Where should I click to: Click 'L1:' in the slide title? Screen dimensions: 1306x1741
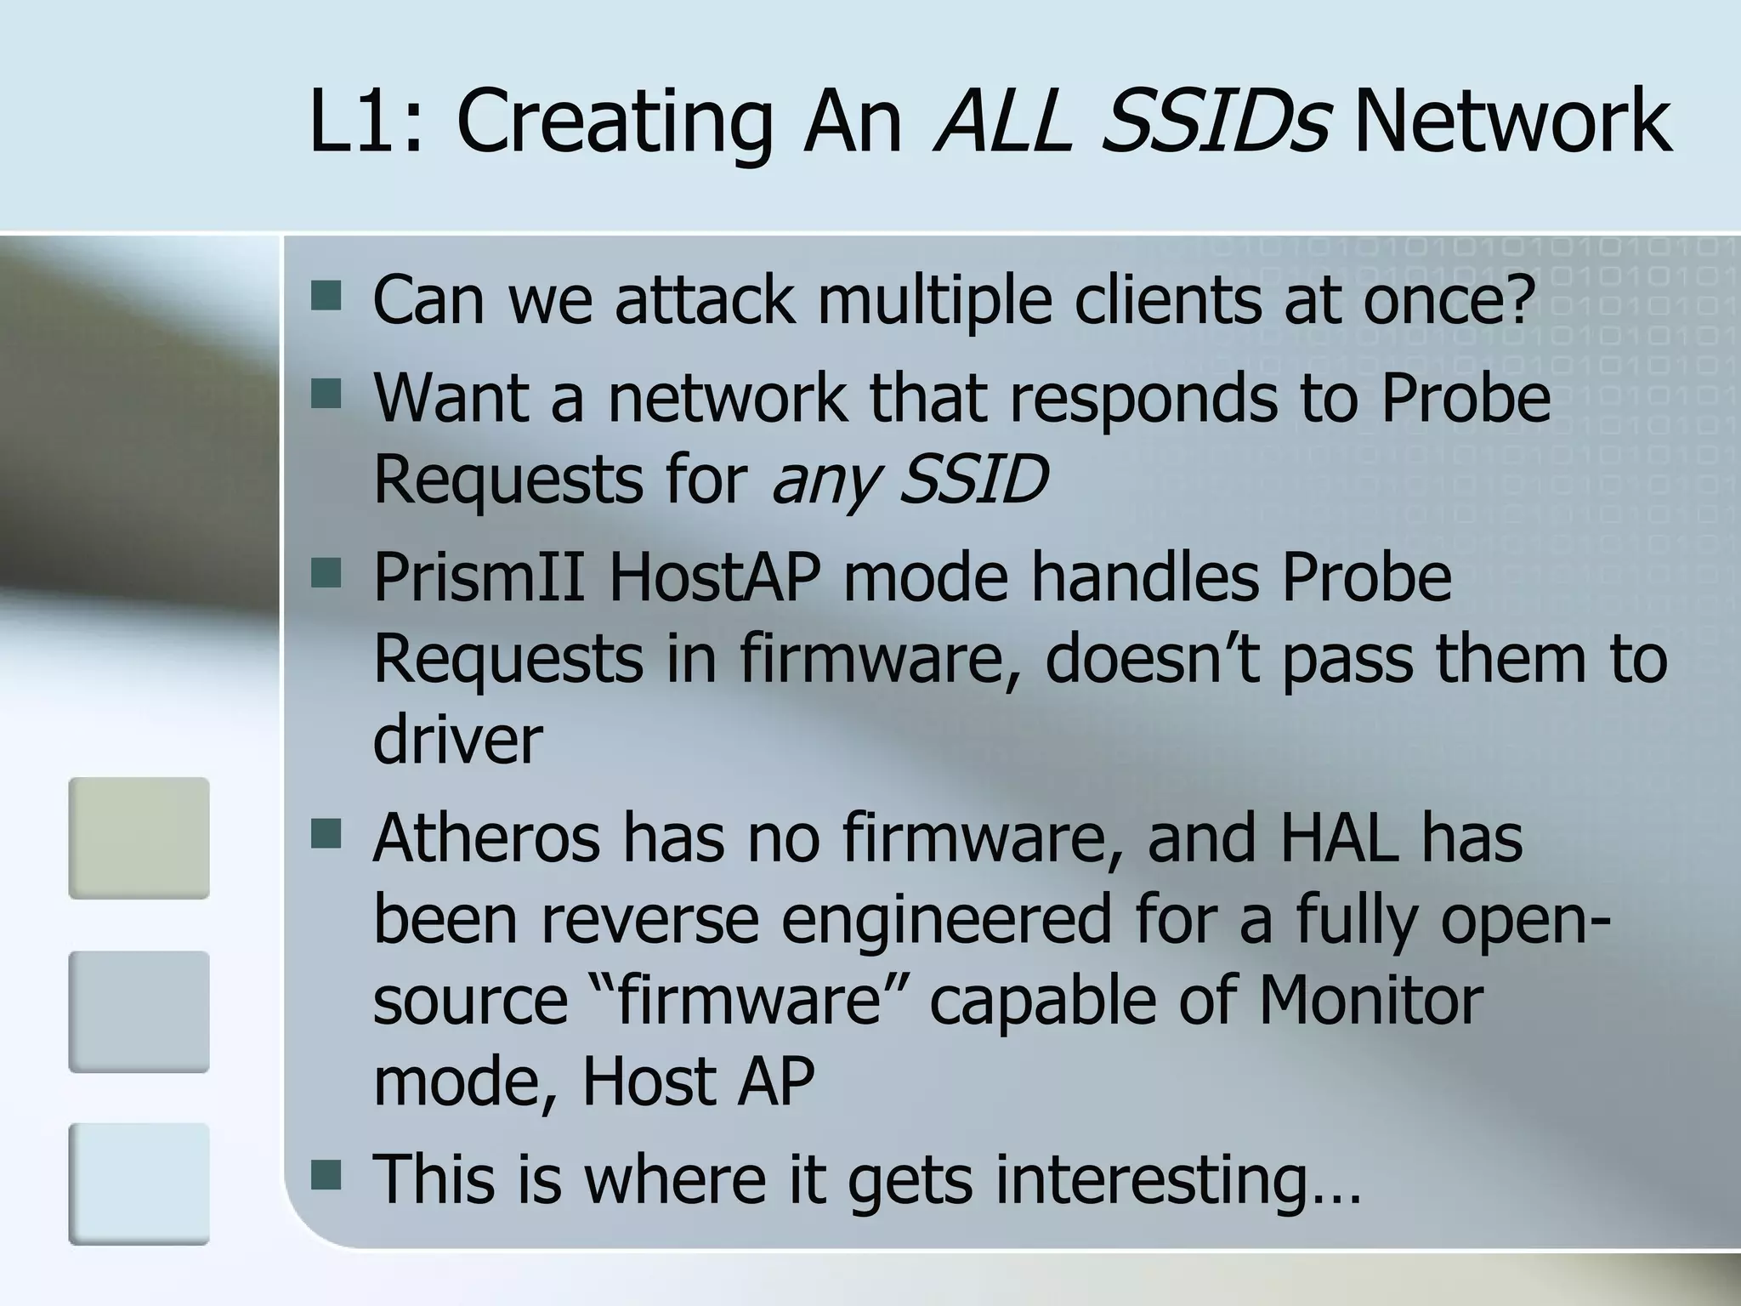click(x=364, y=123)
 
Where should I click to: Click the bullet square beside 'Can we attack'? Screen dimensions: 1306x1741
click(x=326, y=297)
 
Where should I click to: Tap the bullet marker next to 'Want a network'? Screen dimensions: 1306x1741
click(x=326, y=394)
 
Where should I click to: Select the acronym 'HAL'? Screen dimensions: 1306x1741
click(x=1339, y=838)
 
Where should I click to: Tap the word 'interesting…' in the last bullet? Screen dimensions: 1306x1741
click(x=1178, y=1179)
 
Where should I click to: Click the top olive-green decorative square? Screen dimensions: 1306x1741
click(x=139, y=838)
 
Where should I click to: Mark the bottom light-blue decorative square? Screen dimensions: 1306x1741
click(x=139, y=1184)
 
